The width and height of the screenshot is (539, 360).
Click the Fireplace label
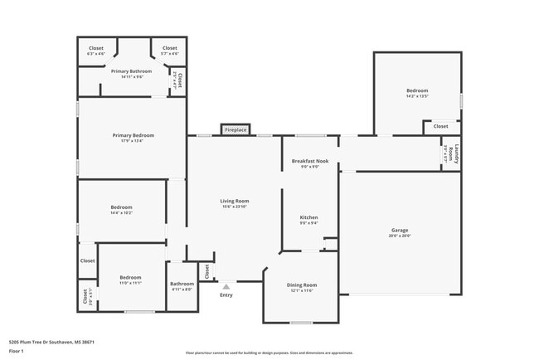click(x=236, y=130)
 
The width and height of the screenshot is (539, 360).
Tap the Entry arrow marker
click(x=226, y=286)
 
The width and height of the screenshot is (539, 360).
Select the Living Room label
click(x=235, y=201)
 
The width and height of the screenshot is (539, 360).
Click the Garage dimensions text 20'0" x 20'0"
click(x=400, y=236)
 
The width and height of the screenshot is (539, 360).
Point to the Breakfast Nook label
click(x=310, y=161)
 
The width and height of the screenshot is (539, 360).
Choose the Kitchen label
click(x=308, y=217)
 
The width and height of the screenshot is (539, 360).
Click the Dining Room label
click(x=301, y=285)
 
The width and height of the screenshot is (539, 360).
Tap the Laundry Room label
click(x=450, y=154)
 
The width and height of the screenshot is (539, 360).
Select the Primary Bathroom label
click(x=131, y=71)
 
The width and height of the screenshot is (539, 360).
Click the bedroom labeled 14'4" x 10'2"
click(x=122, y=207)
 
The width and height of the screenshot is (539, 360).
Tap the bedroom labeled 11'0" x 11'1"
click(x=130, y=277)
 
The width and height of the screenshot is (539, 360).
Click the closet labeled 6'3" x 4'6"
click(x=96, y=48)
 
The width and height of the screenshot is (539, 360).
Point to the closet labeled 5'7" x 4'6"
click(x=169, y=48)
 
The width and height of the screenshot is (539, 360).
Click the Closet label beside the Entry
click(x=206, y=271)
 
